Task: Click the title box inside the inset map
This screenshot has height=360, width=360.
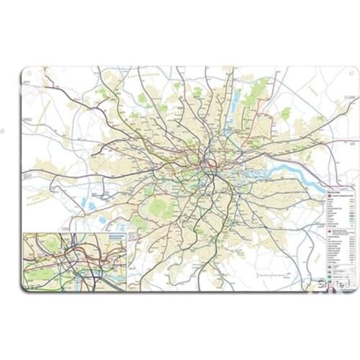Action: click(116, 238)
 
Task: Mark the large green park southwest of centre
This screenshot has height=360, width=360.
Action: click(159, 208)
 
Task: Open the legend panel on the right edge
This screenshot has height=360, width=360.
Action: click(338, 234)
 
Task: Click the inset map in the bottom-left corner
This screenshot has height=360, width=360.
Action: click(74, 261)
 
